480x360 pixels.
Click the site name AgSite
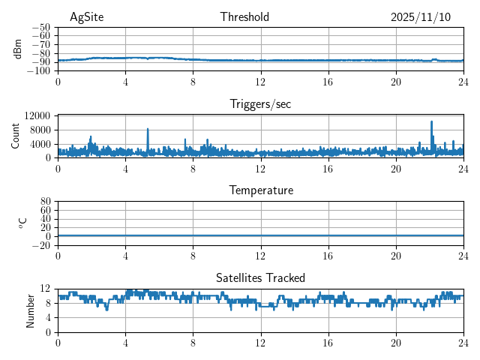point(86,17)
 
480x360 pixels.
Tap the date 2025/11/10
point(421,17)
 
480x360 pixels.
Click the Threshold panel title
point(244,17)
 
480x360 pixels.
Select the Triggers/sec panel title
point(260,104)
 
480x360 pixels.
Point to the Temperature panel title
point(261,190)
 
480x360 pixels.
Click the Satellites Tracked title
point(260,277)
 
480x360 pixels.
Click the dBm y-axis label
point(19,49)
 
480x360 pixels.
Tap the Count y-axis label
point(16,136)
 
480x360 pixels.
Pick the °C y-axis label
point(22,223)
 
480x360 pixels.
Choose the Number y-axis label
point(31,310)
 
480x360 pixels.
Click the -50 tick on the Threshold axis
point(41,27)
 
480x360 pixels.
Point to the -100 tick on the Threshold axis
point(38,71)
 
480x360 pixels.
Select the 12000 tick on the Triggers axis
point(37,115)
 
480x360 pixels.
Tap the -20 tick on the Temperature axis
point(41,245)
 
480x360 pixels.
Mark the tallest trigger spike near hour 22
point(431,121)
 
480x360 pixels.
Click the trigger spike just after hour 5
point(148,130)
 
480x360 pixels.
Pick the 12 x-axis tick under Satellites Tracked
point(261,343)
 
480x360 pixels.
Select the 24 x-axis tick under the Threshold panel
point(463,82)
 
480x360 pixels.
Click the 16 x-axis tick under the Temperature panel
point(328,256)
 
